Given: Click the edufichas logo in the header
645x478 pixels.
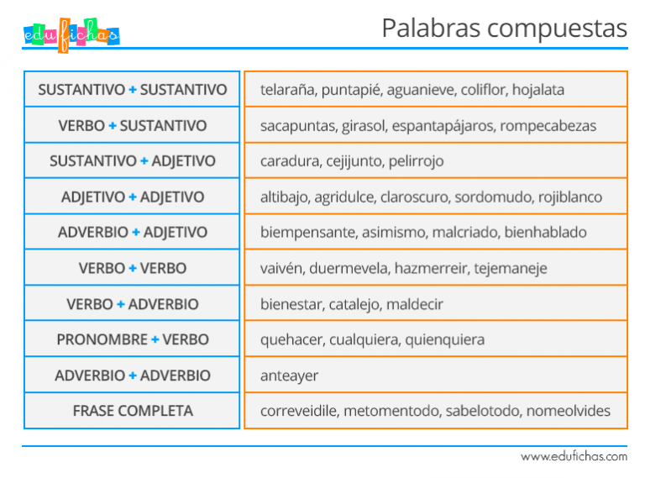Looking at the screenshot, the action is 71,35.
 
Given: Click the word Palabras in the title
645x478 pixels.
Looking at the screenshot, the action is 431,28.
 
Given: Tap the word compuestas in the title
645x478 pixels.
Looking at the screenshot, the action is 558,29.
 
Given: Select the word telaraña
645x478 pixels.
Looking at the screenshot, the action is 289,90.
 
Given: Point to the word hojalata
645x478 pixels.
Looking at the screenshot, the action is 538,90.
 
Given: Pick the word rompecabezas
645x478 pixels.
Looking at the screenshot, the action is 548,126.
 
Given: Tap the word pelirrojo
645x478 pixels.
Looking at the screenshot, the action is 416,161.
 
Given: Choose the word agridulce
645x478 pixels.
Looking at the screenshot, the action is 345,197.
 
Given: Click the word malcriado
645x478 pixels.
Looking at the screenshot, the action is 466,233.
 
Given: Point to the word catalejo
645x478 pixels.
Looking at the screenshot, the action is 354,304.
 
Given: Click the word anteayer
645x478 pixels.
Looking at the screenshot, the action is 289,376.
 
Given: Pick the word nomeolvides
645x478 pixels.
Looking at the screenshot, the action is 569,411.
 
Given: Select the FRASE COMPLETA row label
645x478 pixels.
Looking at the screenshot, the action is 133,411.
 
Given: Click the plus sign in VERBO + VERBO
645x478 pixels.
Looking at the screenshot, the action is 133,268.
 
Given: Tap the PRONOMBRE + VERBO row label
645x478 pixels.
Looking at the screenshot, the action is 133,339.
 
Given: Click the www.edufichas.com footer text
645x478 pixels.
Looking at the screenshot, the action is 574,457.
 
